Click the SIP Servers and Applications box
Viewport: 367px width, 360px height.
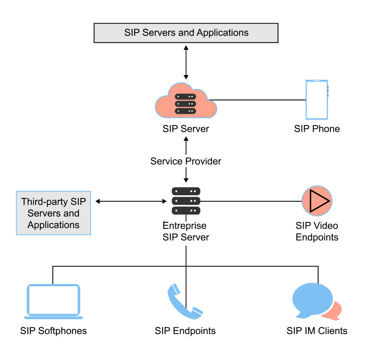pyautogui.click(x=186, y=33)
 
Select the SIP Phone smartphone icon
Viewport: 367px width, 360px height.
pyautogui.click(x=316, y=100)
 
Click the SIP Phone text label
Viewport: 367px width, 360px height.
pyautogui.click(x=317, y=129)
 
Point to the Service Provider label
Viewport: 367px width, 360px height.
pyautogui.click(x=186, y=161)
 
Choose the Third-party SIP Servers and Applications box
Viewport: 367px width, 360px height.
pyautogui.click(x=53, y=213)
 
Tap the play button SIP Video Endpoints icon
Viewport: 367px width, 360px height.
pyautogui.click(x=317, y=201)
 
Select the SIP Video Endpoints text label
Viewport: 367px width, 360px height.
pyautogui.click(x=317, y=231)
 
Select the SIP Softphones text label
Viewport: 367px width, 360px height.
pyautogui.click(x=53, y=330)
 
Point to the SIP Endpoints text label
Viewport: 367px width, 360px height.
pyautogui.click(x=185, y=330)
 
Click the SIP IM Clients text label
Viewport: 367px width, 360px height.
pyautogui.click(x=317, y=330)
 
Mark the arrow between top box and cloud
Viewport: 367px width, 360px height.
pyautogui.click(x=186, y=62)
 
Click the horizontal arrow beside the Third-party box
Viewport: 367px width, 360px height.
pyautogui.click(x=131, y=201)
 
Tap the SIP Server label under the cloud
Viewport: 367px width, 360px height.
pyautogui.click(x=186, y=129)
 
